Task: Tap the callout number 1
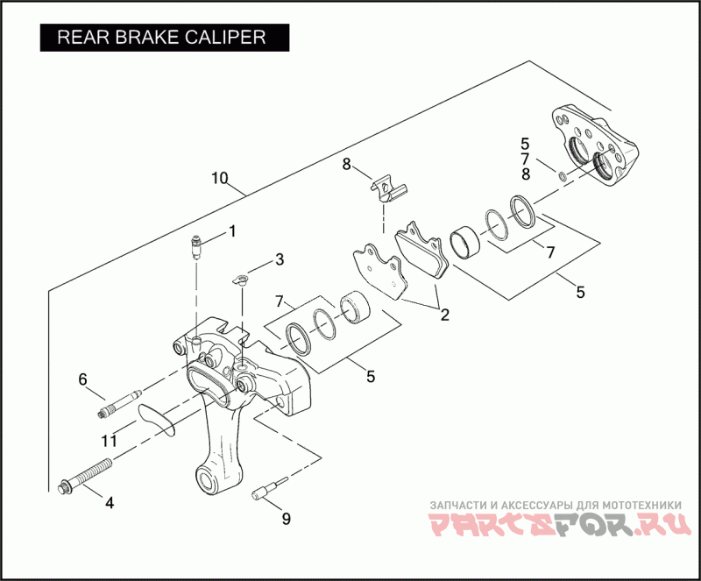pos(232,231)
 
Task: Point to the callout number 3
pos(279,259)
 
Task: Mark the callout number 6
pos(83,379)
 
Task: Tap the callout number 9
pos(285,518)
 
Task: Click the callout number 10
pos(220,179)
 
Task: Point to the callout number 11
pos(108,441)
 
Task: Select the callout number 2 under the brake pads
pos(444,315)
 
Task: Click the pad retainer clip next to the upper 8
pos(386,187)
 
